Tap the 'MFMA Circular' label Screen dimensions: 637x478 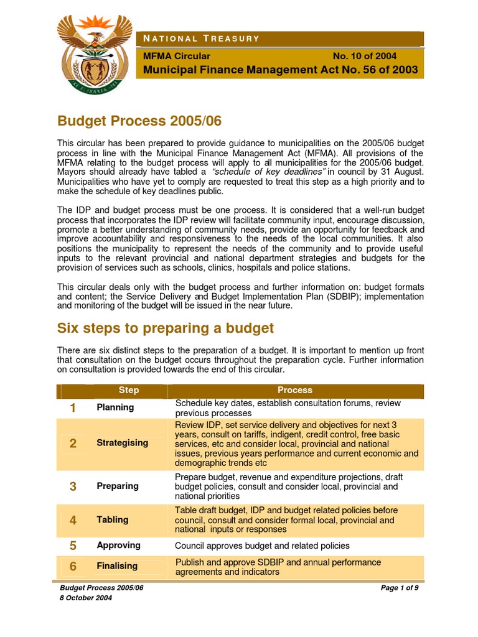click(177, 56)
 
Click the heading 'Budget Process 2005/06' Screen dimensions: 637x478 click(139, 119)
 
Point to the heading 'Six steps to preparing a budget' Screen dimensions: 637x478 click(166, 327)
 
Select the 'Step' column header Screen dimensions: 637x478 click(129, 390)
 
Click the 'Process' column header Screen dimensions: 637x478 click(295, 390)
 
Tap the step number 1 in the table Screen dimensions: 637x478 click(73, 408)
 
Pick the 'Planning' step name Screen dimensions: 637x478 click(115, 407)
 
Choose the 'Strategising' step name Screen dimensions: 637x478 click(123, 443)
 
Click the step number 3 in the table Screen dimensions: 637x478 click(73, 486)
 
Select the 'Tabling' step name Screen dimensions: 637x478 click(113, 519)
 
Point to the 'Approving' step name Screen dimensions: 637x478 click(118, 546)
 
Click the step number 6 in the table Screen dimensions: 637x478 click(73, 566)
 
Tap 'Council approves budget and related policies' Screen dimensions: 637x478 click(262, 546)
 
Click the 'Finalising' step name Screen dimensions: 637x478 click(117, 566)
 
